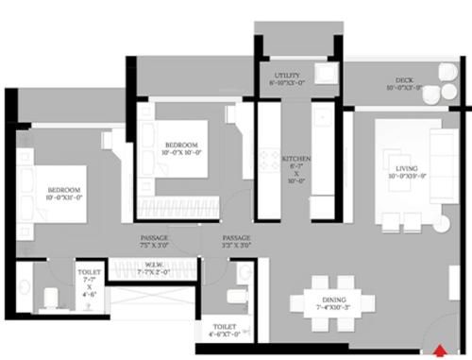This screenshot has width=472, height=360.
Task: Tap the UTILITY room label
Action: [287, 77]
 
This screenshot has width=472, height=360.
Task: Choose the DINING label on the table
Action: [334, 303]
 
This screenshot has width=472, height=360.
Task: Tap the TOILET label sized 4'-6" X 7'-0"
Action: [226, 330]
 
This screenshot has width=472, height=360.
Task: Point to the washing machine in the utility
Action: [325, 77]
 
